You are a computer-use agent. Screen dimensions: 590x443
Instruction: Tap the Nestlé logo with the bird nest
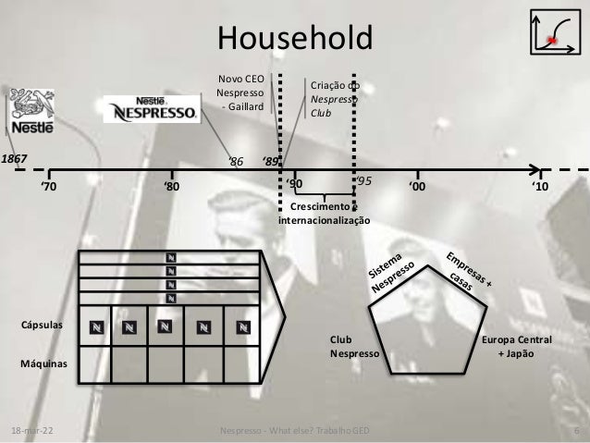(27, 112)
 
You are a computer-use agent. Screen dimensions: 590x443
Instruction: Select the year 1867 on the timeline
(14, 159)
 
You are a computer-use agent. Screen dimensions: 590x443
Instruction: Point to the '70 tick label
(48, 187)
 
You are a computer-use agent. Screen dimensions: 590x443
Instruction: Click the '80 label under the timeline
(172, 187)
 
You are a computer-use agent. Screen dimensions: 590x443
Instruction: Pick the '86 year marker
(236, 162)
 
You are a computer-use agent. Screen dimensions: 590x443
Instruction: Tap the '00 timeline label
(418, 187)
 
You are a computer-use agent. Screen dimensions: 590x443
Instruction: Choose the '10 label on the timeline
(540, 187)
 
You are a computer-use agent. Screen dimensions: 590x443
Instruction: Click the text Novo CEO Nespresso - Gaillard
(240, 93)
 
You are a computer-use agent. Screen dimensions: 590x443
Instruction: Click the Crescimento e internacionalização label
(325, 214)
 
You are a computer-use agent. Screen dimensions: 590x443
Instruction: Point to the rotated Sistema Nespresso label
(395, 274)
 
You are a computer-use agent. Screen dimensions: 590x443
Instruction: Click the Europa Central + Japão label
(517, 347)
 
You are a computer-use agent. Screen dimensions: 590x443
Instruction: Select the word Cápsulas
(43, 326)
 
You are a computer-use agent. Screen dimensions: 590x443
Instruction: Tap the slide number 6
(576, 432)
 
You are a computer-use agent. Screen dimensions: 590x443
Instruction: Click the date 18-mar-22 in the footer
(31, 432)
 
